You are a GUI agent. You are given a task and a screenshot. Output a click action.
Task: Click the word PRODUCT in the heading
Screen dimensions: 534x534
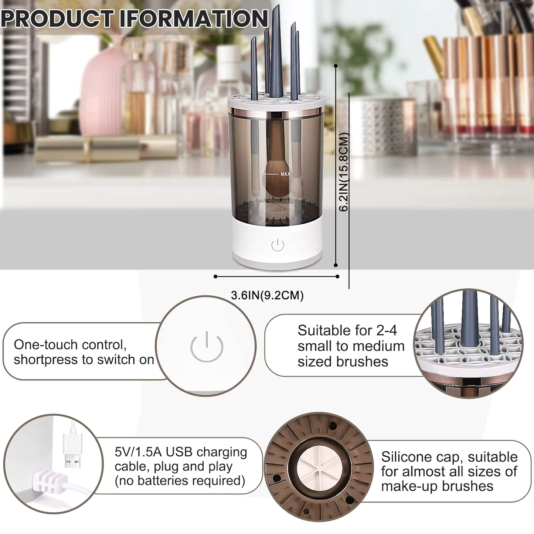coord(57,18)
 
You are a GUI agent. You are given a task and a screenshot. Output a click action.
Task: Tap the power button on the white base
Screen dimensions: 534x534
coord(278,245)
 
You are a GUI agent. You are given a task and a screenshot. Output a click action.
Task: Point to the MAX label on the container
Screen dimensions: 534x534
coord(285,174)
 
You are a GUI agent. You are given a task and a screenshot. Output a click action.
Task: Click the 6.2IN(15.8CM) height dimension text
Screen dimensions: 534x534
coord(344,172)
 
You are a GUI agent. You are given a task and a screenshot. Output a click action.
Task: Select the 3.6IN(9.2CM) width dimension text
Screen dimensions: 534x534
coord(267,296)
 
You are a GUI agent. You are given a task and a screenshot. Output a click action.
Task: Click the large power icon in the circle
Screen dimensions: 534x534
coord(207,347)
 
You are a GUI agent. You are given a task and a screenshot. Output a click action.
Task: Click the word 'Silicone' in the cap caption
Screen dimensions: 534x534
coord(405,457)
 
